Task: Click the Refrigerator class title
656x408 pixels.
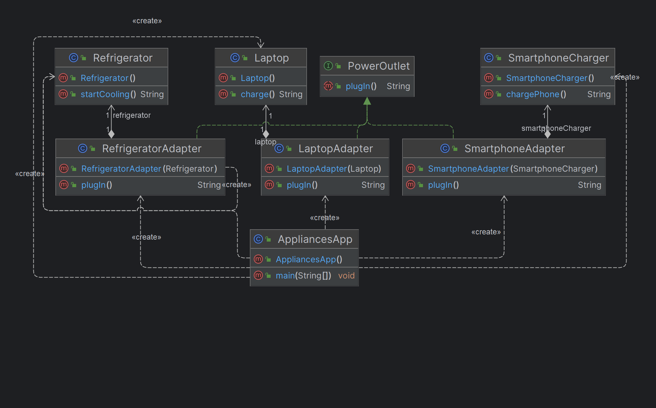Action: pyautogui.click(x=123, y=58)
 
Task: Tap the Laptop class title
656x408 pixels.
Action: pyautogui.click(x=271, y=58)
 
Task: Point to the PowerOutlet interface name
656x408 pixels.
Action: pyautogui.click(x=379, y=66)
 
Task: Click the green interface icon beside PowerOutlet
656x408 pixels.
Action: pyautogui.click(x=328, y=66)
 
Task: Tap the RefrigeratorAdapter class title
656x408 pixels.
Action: pyautogui.click(x=152, y=149)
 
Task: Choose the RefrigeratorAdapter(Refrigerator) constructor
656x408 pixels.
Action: pyautogui.click(x=149, y=169)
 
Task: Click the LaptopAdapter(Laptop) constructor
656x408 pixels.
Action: pyautogui.click(x=334, y=169)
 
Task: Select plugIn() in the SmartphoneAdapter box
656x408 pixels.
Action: pyautogui.click(x=443, y=185)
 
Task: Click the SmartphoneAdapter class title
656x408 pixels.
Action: pyautogui.click(x=514, y=149)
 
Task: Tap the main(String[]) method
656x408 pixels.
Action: pyautogui.click(x=303, y=276)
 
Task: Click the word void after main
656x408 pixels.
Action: pyautogui.click(x=346, y=276)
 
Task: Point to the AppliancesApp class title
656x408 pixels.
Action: pyautogui.click(x=315, y=239)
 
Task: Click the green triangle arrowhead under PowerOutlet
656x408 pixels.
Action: pyautogui.click(x=367, y=101)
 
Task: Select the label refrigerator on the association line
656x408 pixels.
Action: pyautogui.click(x=132, y=115)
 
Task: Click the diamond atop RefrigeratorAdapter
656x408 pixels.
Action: pyautogui.click(x=111, y=134)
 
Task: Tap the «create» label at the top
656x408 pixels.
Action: pyautogui.click(x=147, y=21)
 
